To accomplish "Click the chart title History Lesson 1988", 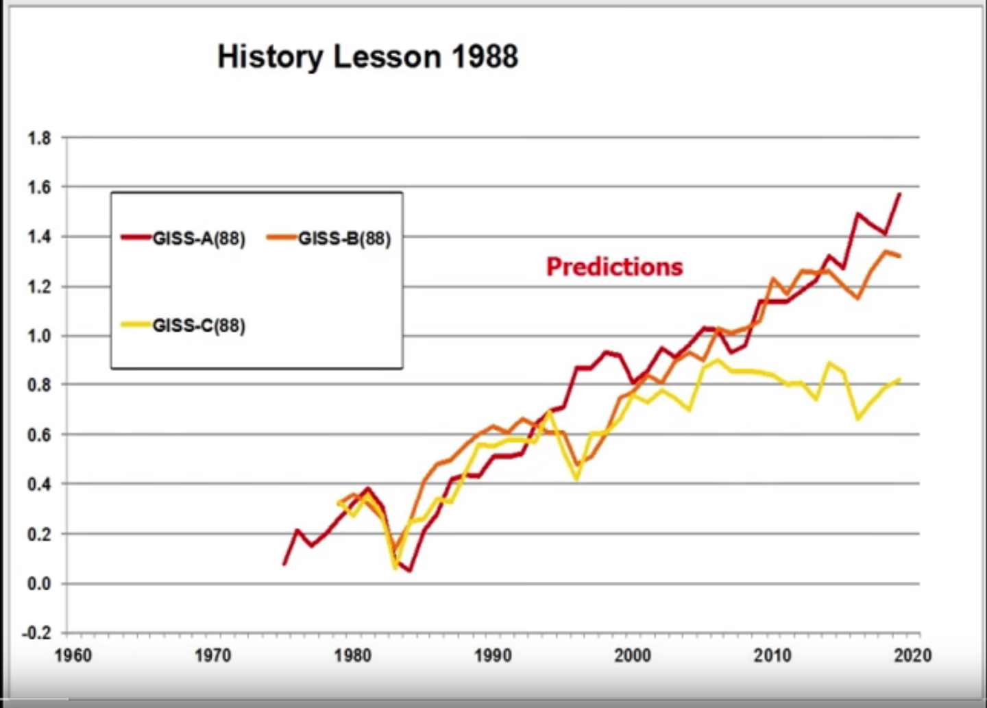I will click(x=367, y=56).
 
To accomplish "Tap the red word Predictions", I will click(x=614, y=267).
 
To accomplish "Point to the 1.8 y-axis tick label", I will click(x=39, y=138).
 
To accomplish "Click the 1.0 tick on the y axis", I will click(x=39, y=336).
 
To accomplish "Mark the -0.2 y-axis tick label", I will click(x=36, y=633).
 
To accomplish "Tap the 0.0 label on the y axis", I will click(x=39, y=584).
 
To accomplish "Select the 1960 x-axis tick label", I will click(x=73, y=656).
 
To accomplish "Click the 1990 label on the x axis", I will click(x=493, y=656).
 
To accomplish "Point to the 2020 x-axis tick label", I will click(x=912, y=656).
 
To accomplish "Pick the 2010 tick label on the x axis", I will click(x=772, y=656).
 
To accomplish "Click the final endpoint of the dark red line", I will click(x=899, y=195).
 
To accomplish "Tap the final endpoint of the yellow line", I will click(x=899, y=379).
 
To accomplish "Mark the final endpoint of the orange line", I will click(x=899, y=256).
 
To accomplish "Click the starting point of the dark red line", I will click(x=284, y=564).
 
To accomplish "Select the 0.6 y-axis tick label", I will click(x=39, y=435).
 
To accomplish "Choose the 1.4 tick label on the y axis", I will click(x=39, y=237).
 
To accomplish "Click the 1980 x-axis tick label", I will click(x=353, y=656).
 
